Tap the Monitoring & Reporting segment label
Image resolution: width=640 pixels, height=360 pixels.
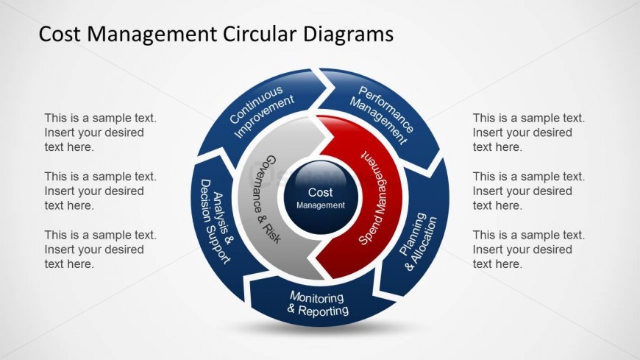click(x=317, y=303)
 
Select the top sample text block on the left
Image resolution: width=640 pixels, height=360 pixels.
click(x=100, y=133)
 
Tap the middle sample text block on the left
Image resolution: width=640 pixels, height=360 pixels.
click(x=100, y=191)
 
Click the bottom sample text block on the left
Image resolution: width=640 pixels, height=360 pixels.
click(x=100, y=250)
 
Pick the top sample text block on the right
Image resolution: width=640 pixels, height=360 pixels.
click(x=528, y=133)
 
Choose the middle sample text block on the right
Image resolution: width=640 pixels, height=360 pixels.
click(x=528, y=191)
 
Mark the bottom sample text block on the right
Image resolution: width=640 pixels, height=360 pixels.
click(x=528, y=250)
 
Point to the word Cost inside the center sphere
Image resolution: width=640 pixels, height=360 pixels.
click(x=321, y=193)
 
